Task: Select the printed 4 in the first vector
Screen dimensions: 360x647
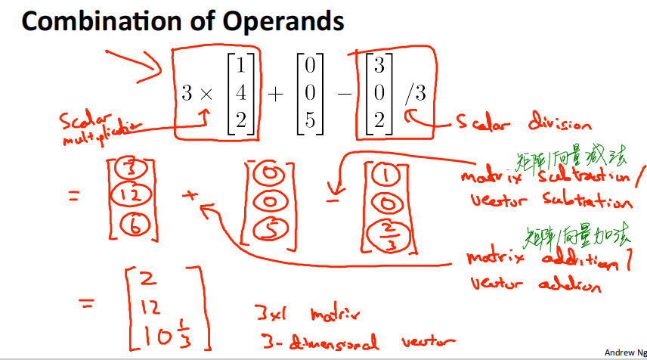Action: point(241,94)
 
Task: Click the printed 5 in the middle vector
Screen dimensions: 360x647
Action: point(311,119)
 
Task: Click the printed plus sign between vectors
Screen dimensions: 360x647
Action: point(277,94)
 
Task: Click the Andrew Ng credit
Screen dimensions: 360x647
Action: point(624,352)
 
